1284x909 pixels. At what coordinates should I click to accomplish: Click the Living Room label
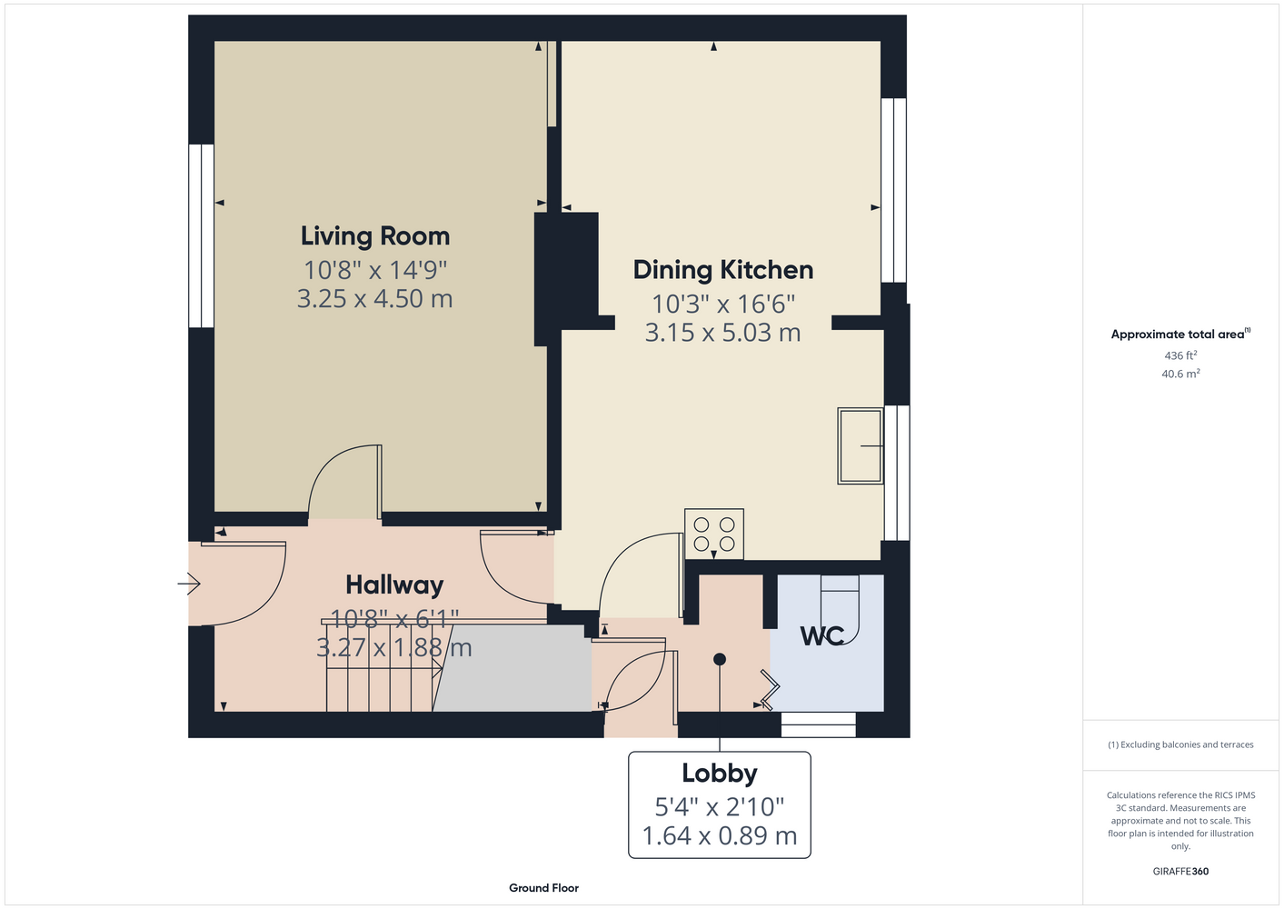[375, 236]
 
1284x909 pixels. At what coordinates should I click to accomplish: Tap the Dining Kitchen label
[722, 270]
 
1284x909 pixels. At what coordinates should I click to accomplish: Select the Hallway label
[394, 585]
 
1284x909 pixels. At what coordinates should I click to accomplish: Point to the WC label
[822, 636]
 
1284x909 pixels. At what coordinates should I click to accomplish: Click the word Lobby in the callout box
[720, 774]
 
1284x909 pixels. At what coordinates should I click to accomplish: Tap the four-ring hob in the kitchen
[714, 534]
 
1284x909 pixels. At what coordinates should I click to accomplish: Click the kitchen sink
[861, 446]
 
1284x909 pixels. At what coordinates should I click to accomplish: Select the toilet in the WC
[841, 609]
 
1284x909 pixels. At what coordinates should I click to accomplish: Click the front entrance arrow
[189, 584]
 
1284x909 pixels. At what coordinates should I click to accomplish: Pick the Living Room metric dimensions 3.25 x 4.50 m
[375, 299]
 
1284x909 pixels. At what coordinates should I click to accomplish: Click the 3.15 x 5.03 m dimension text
[722, 333]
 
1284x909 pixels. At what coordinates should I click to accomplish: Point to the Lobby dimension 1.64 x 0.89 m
[720, 836]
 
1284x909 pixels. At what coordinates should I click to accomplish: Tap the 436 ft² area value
[1180, 355]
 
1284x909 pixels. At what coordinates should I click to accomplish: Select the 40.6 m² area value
[1180, 374]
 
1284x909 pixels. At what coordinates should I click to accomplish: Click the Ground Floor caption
[543, 888]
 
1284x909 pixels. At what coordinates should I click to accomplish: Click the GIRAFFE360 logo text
[1180, 871]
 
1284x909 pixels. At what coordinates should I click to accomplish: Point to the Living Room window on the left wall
[201, 235]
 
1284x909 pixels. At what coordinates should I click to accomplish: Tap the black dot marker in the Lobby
[720, 660]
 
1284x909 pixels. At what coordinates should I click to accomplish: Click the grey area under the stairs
[513, 668]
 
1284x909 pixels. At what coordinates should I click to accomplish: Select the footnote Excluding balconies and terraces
[1180, 745]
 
